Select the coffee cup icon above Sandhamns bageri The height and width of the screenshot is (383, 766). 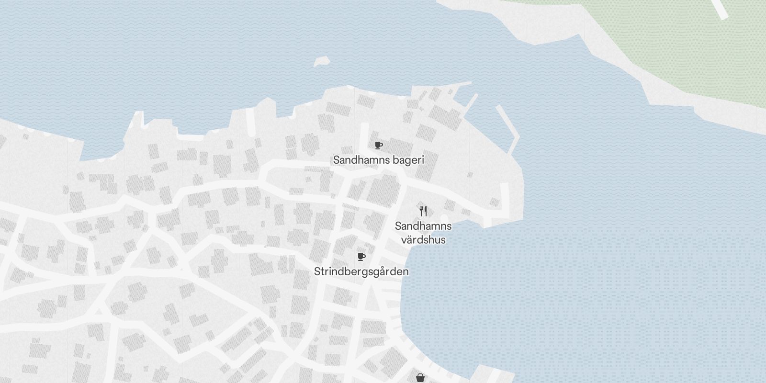(378, 145)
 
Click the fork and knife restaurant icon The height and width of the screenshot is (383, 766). (423, 211)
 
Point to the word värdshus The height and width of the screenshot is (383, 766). (423, 240)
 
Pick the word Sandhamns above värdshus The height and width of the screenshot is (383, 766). (423, 226)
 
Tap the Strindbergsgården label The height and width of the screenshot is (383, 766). (361, 272)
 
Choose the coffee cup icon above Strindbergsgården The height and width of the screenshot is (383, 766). (361, 257)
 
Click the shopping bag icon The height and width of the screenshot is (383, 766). (420, 378)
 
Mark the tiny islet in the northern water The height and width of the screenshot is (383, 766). (322, 62)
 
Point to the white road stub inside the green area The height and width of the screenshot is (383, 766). (720, 9)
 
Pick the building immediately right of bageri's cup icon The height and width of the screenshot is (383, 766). (400, 148)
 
